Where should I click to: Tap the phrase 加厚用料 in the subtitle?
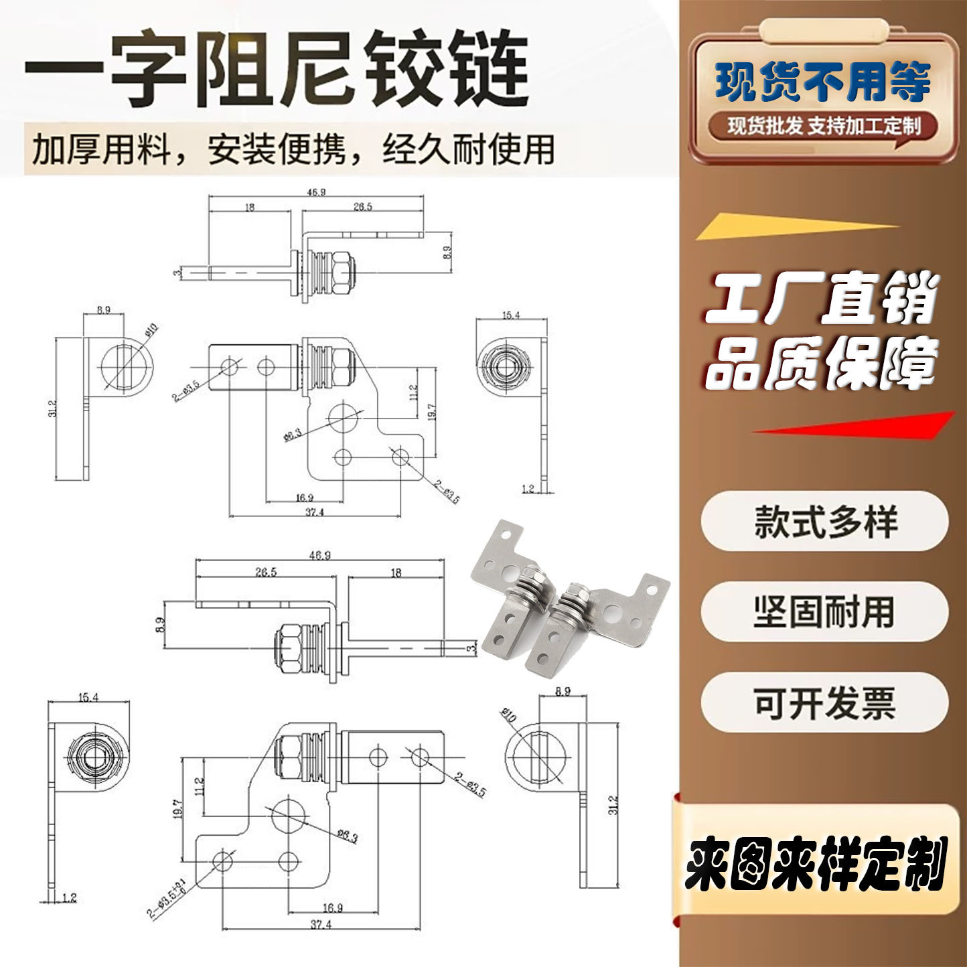click(101, 149)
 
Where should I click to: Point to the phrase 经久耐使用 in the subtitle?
click(469, 149)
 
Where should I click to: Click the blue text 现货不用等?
click(823, 82)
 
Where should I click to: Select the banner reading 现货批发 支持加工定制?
click(824, 126)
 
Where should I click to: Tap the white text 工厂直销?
click(822, 299)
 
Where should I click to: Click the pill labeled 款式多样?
click(824, 521)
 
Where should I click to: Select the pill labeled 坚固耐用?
click(824, 611)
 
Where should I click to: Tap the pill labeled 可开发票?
click(824, 702)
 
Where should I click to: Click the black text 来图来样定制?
click(816, 864)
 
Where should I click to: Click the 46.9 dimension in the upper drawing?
click(316, 192)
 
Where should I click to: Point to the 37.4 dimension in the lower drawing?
click(321, 925)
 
